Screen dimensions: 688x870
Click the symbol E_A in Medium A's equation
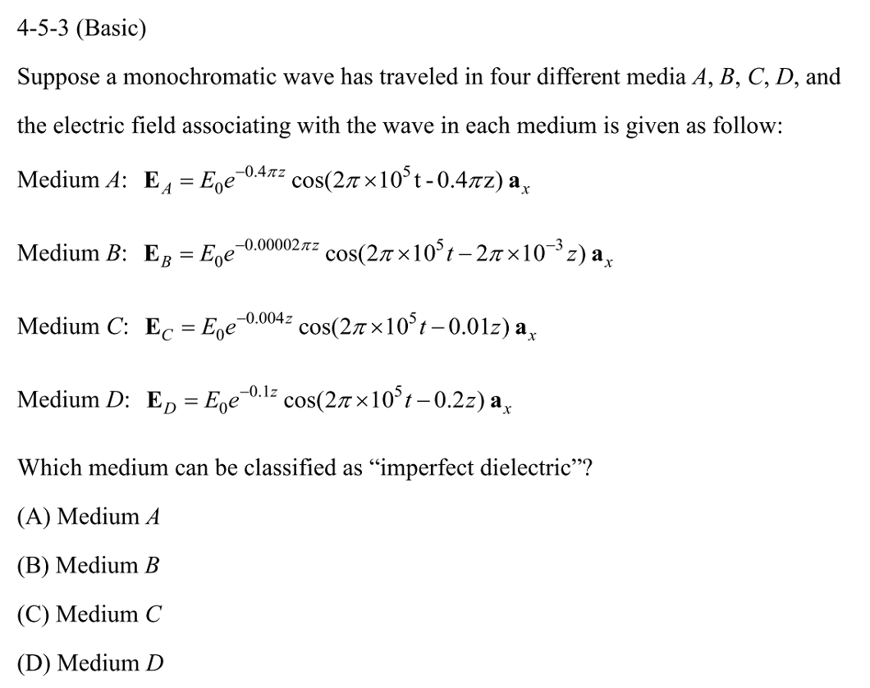point(156,181)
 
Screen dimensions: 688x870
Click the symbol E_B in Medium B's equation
point(156,255)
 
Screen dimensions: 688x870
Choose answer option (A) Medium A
point(88,517)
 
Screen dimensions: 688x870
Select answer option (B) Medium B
point(88,565)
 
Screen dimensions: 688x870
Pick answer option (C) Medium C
point(88,613)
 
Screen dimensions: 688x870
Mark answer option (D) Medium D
point(89,662)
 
